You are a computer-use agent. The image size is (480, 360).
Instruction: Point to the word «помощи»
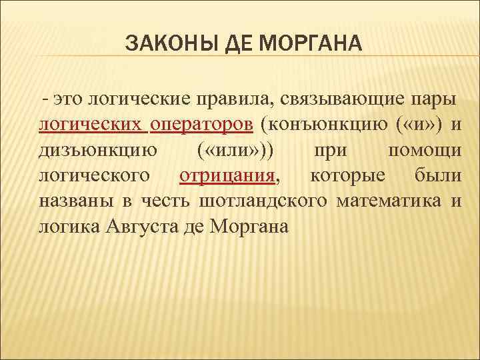tap(424, 151)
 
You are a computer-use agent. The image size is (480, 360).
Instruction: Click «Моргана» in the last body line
tap(248, 227)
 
